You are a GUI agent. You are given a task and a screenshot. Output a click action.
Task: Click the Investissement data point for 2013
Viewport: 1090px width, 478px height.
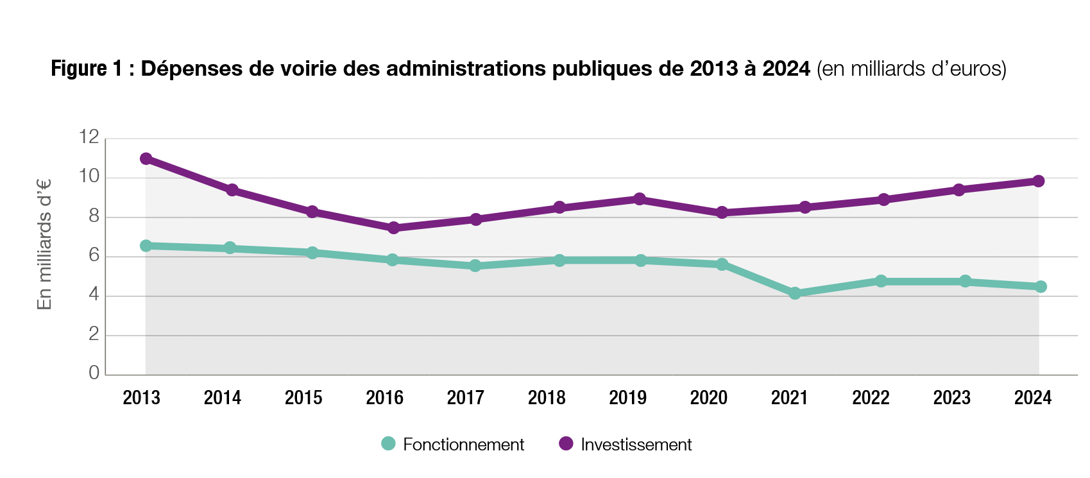(x=146, y=158)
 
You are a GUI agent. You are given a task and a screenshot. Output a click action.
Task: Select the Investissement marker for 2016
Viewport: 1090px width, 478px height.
(x=393, y=228)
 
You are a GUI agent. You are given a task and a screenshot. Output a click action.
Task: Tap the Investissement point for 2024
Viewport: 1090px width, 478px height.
(x=1038, y=181)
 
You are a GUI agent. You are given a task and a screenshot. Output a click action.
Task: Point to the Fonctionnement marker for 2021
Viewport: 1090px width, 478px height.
(x=795, y=293)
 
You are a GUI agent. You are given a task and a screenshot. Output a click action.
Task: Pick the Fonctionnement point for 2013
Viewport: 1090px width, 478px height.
(x=146, y=246)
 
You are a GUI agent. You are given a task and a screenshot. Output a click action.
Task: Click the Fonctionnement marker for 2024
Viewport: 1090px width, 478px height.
(x=1041, y=286)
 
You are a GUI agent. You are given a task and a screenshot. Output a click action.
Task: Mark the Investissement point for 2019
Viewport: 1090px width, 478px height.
(x=639, y=199)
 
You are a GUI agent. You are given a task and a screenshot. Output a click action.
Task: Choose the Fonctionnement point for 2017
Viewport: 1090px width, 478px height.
(x=475, y=266)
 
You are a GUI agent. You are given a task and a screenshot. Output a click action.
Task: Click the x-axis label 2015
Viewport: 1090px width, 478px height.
(x=303, y=398)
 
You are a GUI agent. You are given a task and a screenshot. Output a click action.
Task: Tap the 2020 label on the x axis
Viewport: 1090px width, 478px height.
(x=708, y=398)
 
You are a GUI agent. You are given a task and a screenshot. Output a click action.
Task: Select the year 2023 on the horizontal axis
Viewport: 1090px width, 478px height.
(x=951, y=398)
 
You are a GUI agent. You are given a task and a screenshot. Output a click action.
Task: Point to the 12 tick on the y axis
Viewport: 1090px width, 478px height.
(x=89, y=137)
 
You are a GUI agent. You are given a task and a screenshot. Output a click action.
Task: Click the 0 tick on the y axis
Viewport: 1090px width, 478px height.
(x=94, y=373)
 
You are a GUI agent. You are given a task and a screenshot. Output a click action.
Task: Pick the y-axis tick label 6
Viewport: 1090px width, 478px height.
(x=94, y=255)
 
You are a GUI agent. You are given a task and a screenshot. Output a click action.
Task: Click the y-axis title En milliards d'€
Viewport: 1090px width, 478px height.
(x=44, y=244)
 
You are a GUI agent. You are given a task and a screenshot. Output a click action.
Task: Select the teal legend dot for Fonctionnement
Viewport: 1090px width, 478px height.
(x=388, y=443)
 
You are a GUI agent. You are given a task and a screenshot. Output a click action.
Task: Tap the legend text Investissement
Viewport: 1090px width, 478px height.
(x=636, y=445)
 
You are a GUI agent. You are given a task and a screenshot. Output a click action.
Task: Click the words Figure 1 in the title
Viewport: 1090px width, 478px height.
(x=87, y=69)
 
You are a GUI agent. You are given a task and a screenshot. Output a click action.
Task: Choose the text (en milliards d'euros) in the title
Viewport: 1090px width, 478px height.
(x=911, y=69)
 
